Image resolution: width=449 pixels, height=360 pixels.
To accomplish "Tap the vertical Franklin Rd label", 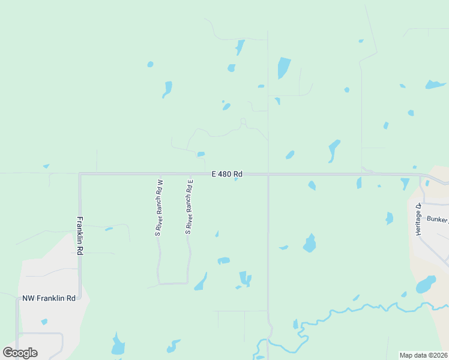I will click(x=79, y=236).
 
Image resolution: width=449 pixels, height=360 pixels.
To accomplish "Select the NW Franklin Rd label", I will click(x=49, y=298).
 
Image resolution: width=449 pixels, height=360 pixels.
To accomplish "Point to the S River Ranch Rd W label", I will click(x=159, y=208).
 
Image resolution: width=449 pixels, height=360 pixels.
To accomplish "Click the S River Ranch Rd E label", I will click(x=188, y=207).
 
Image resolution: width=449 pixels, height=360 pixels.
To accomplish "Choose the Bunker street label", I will click(x=436, y=220).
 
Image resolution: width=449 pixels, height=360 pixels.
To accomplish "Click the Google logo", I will click(x=20, y=352).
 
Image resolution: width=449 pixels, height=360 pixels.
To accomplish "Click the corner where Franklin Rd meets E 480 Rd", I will click(x=80, y=174).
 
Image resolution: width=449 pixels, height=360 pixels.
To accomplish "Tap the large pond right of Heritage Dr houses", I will click(x=426, y=284).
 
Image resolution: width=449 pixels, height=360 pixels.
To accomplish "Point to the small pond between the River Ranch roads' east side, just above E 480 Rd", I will click(x=201, y=154).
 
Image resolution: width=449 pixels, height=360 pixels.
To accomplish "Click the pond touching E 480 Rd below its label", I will click(x=236, y=179).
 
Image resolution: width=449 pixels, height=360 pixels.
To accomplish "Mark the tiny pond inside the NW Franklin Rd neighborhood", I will click(x=44, y=322).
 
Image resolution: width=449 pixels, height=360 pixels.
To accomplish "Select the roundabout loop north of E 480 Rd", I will click(x=243, y=121).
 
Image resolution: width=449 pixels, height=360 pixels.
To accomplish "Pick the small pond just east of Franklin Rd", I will click(x=109, y=229).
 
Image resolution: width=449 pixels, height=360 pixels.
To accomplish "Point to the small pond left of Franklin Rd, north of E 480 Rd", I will click(x=46, y=166).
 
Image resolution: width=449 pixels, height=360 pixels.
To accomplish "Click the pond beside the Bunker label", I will click(x=390, y=218).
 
